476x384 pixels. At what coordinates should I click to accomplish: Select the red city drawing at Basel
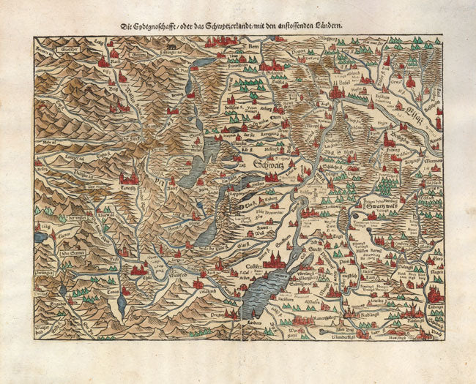(x=337, y=91)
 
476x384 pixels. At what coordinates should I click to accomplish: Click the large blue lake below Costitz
(x=264, y=293)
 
